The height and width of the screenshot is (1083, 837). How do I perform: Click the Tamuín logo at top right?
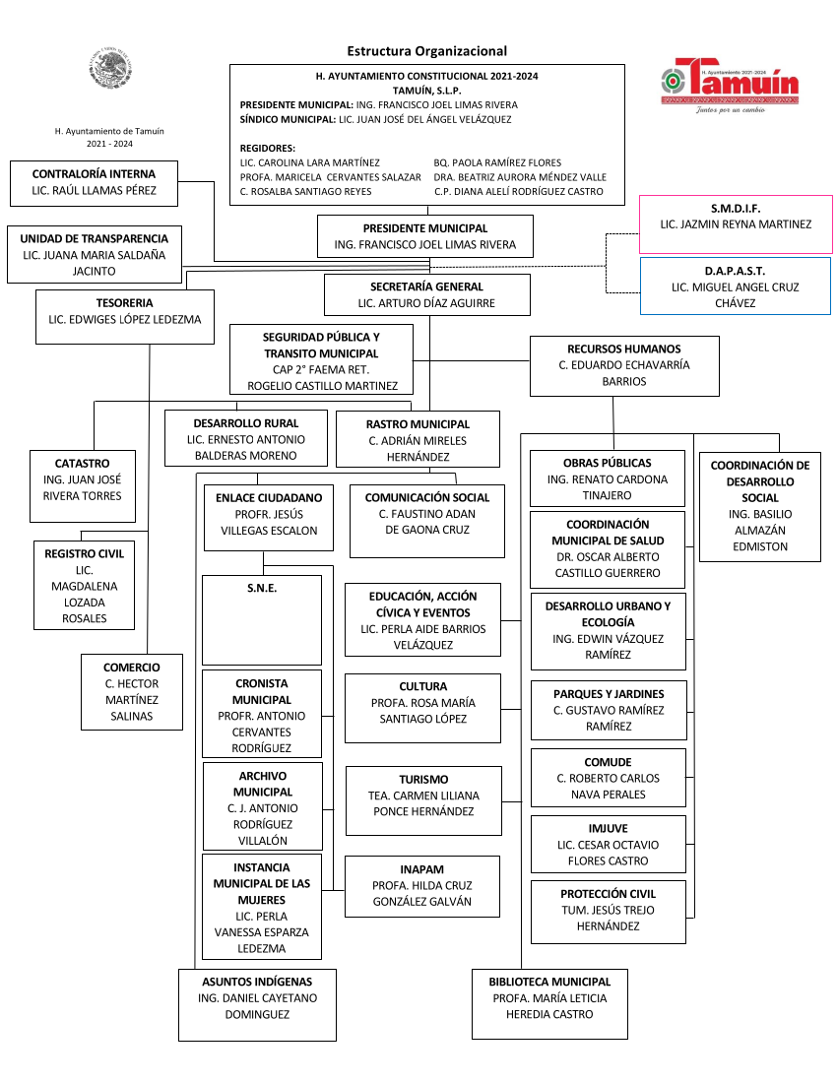coord(730,85)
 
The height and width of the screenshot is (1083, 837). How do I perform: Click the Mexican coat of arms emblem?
coord(110,68)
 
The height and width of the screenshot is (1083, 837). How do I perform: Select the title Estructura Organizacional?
coord(426,51)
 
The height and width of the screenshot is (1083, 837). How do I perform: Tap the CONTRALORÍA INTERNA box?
coord(94,183)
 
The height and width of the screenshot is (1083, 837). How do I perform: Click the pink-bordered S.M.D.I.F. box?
coord(736,223)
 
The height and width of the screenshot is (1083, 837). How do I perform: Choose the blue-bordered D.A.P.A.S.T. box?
coord(736,286)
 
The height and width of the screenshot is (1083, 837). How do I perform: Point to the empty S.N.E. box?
coord(262,619)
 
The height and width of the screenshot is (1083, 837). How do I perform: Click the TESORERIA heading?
coord(124,303)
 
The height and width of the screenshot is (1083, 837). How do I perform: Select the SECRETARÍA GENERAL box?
coord(427,295)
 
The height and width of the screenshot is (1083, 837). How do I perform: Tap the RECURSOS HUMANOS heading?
coord(624,350)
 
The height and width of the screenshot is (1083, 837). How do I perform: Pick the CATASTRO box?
coord(82,486)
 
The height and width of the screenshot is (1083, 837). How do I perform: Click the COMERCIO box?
coord(132,692)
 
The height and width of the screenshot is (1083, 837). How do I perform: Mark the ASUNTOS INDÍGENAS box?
coord(258,1005)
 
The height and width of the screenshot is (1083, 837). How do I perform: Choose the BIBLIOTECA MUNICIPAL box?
coord(549,1003)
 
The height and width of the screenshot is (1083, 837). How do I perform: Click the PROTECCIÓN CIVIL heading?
coord(609,894)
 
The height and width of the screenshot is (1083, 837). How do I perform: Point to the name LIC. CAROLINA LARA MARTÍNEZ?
coord(310,163)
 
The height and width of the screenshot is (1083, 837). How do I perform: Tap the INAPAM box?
coord(422,886)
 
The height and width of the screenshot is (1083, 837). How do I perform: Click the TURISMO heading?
coord(424,780)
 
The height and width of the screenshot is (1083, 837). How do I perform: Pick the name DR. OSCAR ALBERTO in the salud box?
coord(608,557)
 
